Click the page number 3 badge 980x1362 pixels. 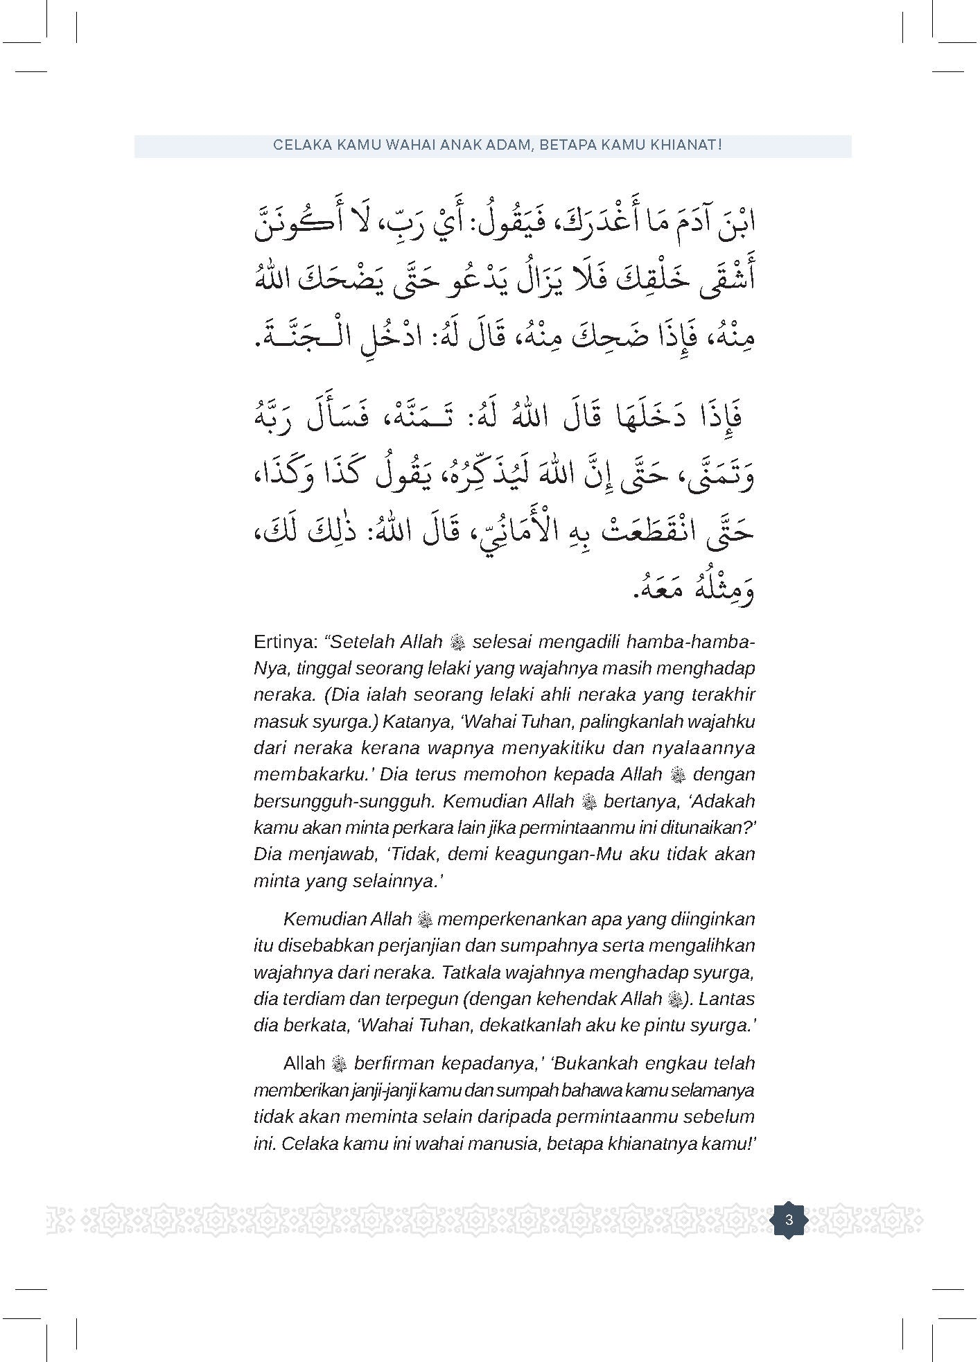tap(789, 1219)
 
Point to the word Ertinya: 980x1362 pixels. tap(286, 642)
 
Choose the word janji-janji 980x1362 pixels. tap(392, 1090)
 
